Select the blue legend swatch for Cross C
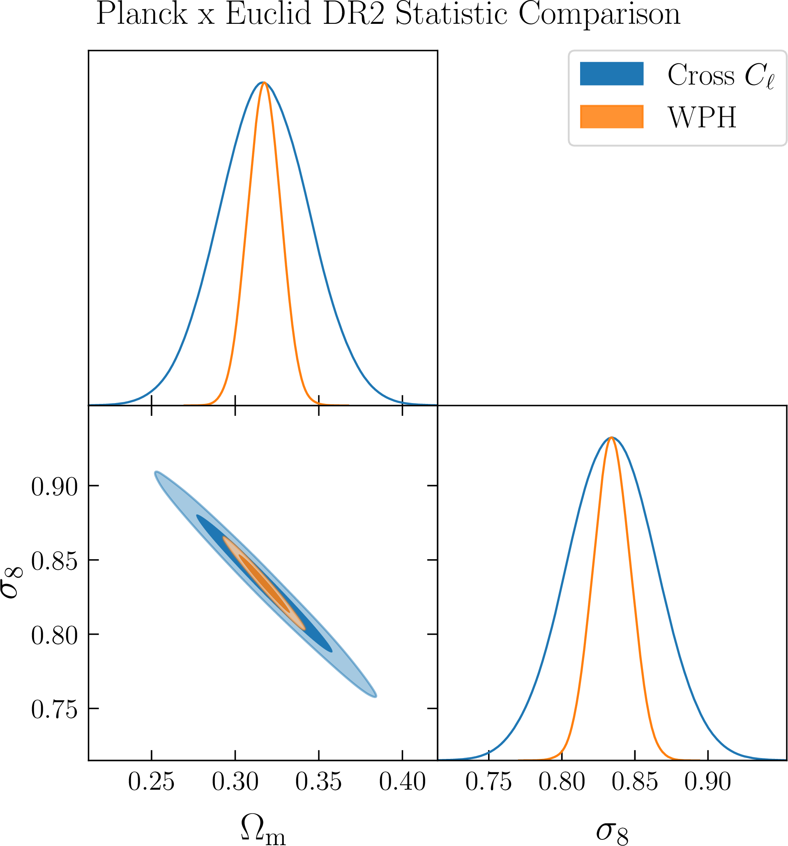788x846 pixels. point(611,74)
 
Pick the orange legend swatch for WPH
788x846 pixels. point(611,117)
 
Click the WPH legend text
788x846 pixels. point(702,118)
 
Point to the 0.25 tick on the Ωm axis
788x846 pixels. point(152,782)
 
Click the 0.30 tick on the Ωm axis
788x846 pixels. point(235,782)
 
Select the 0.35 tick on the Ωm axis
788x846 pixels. point(319,782)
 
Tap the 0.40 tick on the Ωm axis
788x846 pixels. point(403,782)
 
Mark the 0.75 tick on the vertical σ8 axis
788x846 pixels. point(55,710)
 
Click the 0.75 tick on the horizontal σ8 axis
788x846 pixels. point(488,782)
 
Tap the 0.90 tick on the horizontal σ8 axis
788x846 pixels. point(707,782)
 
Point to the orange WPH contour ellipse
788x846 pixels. point(264,583)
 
